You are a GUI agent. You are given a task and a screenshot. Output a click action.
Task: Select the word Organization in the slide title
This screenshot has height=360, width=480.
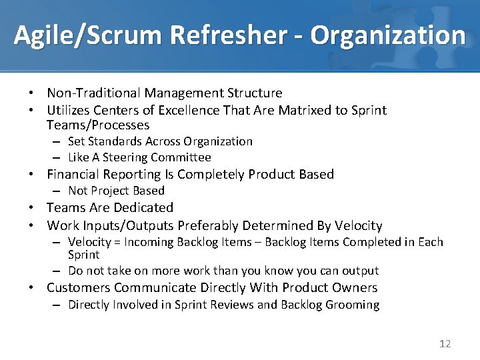pos(388,35)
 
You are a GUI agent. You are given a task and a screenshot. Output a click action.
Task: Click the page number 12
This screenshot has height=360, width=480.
pos(445,344)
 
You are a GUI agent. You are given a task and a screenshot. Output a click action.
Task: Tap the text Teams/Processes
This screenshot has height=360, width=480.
pos(98,125)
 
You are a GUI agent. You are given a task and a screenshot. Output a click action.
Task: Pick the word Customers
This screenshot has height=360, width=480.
pos(79,288)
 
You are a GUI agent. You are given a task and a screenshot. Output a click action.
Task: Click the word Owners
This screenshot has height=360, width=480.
pos(356,288)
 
